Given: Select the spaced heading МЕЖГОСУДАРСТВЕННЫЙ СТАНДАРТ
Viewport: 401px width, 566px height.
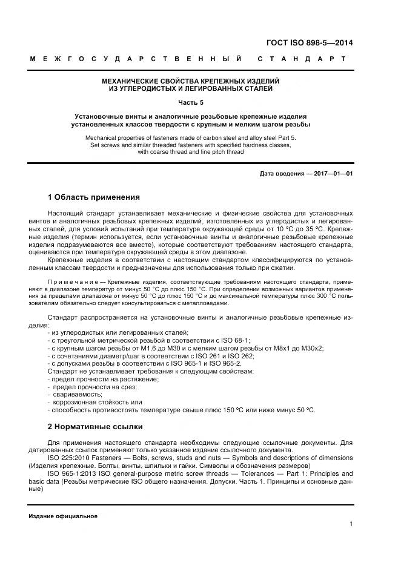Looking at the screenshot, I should pyautogui.click(x=187, y=59).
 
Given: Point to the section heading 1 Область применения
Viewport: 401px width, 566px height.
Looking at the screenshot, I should pyautogui.click(x=93, y=197).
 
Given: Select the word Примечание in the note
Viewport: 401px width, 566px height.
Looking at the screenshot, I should pyautogui.click(x=71, y=282).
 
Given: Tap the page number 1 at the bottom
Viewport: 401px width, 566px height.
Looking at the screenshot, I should pyautogui.click(x=351, y=524).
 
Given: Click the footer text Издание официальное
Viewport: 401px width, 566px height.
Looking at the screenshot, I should pyautogui.click(x=63, y=516).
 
